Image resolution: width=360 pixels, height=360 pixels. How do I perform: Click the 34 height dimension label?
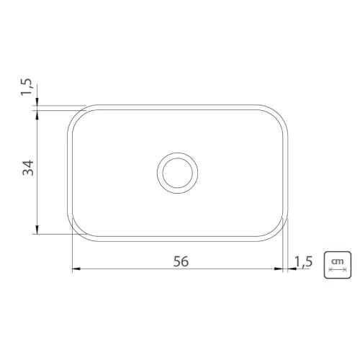tap(28, 168)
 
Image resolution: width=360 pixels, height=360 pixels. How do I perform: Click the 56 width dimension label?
tap(181, 261)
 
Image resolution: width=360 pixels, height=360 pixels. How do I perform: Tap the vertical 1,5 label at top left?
tap(26, 87)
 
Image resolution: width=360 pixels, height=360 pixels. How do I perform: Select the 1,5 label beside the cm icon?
tap(303, 261)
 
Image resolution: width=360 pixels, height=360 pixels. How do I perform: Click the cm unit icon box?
tap(338, 265)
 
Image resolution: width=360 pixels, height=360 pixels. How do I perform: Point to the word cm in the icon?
tap(338, 261)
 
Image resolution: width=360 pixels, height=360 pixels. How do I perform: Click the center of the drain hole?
tap(177, 173)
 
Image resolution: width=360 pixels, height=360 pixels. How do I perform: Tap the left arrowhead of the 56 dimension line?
tap(76, 269)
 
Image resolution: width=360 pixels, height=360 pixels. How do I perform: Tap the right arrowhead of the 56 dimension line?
tap(279, 269)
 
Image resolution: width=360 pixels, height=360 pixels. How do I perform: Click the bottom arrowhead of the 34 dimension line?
tap(37, 230)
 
